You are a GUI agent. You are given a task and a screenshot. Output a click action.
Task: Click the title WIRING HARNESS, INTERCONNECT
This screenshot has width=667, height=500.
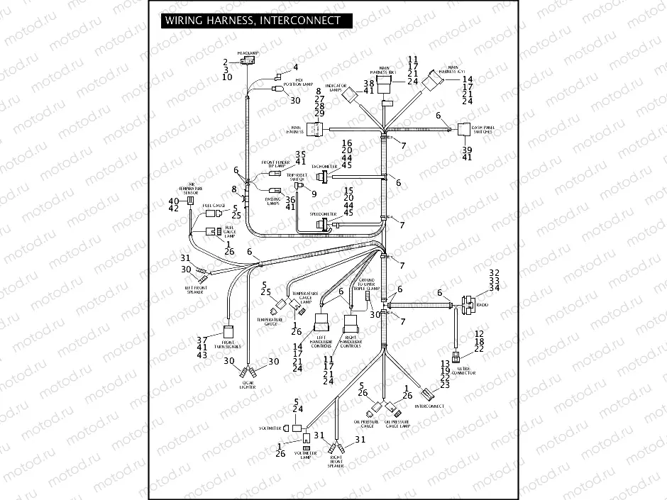(x=253, y=21)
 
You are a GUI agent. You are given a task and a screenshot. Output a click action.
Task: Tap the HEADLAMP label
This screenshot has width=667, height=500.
(x=246, y=53)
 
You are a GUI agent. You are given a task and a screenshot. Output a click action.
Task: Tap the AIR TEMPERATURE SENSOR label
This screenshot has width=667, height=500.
(x=191, y=189)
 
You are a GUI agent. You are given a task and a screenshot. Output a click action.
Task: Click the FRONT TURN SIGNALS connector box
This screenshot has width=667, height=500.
(x=229, y=332)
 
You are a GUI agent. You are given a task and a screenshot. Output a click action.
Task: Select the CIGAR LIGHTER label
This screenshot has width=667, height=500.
(x=247, y=385)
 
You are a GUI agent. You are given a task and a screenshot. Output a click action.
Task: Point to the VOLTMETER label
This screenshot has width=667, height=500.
(x=270, y=428)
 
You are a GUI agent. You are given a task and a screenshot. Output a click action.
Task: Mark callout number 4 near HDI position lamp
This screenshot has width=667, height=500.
(x=296, y=67)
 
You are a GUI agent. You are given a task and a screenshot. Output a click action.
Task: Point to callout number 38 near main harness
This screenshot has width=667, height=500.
(x=368, y=84)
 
